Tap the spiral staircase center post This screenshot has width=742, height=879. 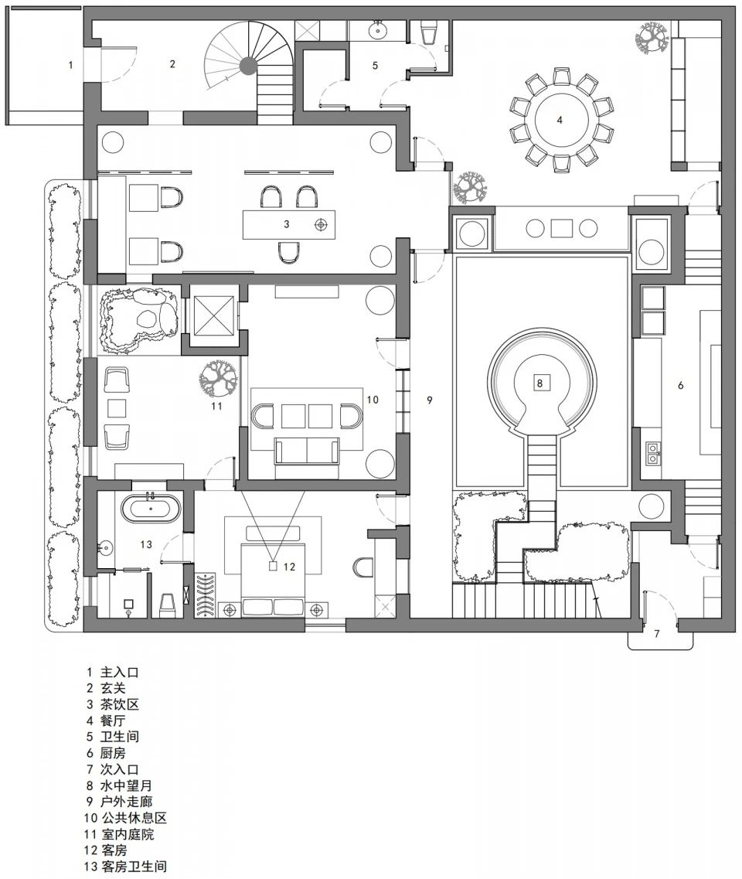coord(247,66)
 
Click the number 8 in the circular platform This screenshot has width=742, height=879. coord(540,382)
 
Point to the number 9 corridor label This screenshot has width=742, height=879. coord(430,400)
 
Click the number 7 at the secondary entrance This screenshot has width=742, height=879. coord(656,635)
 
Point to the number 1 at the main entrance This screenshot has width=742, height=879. coord(70,65)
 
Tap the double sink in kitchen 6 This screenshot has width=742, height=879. coord(653,451)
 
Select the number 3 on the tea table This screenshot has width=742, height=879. coord(286,224)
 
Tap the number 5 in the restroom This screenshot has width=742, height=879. coord(375,65)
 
